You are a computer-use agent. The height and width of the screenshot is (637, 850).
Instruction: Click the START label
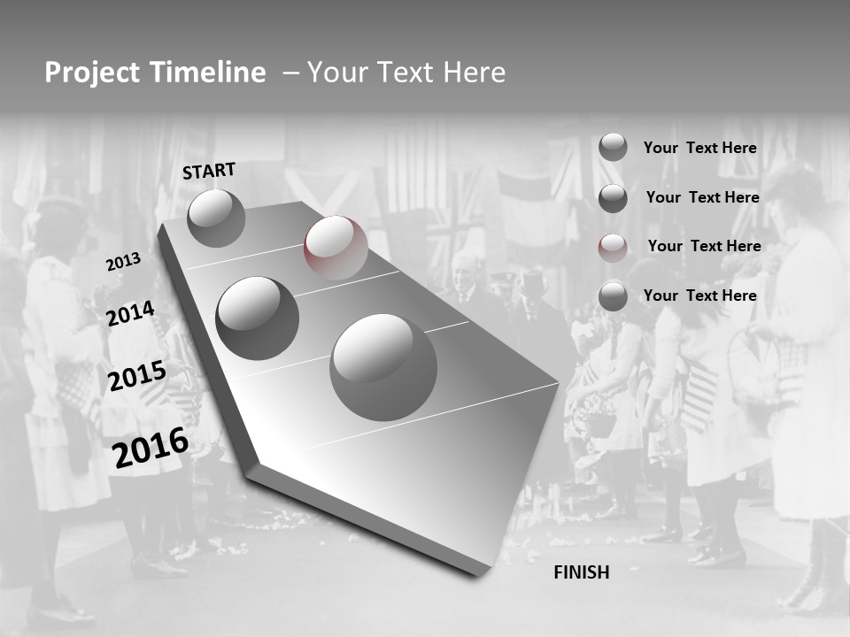209,171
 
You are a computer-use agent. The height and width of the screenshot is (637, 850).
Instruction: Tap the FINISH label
582,572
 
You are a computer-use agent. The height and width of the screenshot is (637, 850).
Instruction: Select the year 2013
123,262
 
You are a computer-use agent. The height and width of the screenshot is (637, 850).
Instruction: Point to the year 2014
130,314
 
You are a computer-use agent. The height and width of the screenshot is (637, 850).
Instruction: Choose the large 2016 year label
151,447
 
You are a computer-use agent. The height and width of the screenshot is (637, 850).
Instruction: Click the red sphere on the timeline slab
336,248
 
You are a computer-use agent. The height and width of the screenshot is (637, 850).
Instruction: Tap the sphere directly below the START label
216,218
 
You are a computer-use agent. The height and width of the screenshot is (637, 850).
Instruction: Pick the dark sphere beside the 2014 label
258,318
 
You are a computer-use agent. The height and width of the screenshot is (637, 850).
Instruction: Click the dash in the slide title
290,73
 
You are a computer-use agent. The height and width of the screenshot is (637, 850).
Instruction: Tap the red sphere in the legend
613,248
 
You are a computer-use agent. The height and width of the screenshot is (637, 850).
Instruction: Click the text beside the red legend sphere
704,246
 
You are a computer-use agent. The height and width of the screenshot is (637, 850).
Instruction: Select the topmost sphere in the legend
613,147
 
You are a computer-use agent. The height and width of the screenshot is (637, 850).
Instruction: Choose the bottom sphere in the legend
613,296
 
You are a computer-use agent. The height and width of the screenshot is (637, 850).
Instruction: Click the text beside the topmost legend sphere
699,148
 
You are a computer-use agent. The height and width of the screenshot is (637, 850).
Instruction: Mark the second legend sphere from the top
613,198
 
